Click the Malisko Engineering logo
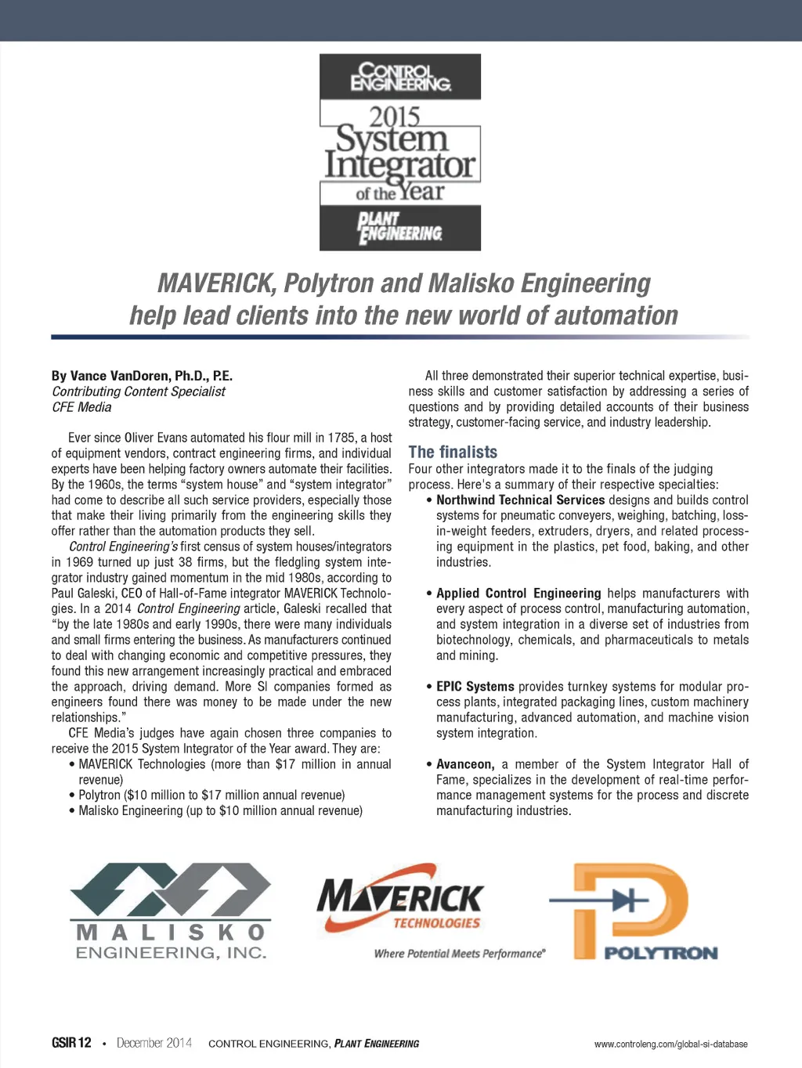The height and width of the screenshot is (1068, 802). pos(170,911)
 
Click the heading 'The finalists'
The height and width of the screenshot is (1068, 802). pos(453,452)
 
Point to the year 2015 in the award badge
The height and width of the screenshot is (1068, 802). pos(395,117)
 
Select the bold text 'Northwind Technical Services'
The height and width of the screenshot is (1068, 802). pos(521,500)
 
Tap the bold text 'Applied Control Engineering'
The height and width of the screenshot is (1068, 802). pos(518,594)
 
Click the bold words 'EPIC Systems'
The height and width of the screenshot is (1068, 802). pos(475,687)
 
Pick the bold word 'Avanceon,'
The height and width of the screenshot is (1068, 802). pos(465,764)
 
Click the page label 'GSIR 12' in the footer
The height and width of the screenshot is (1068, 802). pos(71,1043)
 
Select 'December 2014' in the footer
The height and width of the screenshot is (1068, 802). pos(154,1043)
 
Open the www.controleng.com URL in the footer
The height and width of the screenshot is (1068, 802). pos(670,1044)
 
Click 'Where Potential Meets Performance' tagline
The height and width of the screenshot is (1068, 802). pos(460,954)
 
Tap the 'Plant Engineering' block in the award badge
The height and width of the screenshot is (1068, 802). pos(400,228)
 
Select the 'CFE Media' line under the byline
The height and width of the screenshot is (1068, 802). pos(81,407)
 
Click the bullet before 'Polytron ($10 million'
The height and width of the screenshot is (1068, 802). pos(72,796)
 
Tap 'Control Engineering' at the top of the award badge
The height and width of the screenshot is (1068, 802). pos(400,77)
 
